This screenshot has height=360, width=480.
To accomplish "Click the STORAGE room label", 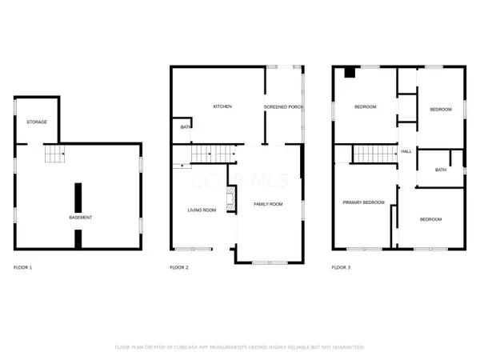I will (37, 122).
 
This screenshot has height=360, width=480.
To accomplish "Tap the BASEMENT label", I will (80, 218).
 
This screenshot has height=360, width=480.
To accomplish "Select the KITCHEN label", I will (222, 106).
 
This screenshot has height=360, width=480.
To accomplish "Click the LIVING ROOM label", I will (202, 210).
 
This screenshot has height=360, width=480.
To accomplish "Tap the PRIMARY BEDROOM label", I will (364, 202).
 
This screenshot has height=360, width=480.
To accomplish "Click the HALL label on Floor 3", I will (406, 151).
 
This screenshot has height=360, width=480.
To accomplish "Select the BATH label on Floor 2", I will (185, 126).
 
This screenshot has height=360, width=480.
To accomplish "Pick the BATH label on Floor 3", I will (441, 170).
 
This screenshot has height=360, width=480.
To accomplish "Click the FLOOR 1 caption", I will (24, 266).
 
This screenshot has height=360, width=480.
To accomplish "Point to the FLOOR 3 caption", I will (342, 266).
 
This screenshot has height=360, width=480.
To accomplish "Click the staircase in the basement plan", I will (53, 154).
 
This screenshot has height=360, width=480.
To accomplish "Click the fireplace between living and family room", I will (230, 199).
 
